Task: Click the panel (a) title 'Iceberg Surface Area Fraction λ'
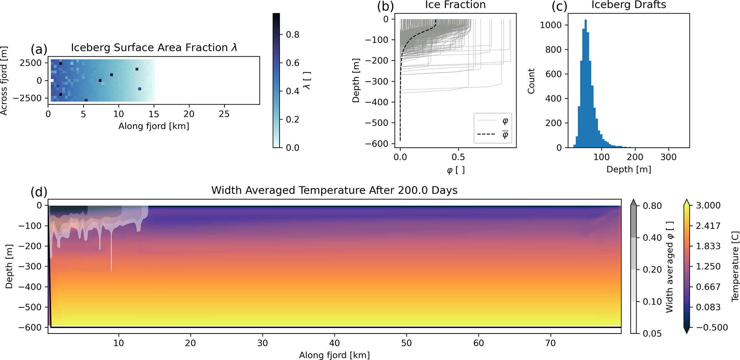154,48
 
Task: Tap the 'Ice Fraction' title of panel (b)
455,5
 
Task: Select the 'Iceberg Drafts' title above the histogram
629,5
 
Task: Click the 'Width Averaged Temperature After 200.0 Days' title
334,190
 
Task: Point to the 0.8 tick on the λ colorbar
292,35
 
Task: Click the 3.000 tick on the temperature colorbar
708,206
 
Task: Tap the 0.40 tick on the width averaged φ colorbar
652,238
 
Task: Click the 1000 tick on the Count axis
551,25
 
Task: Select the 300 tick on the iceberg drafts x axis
668,157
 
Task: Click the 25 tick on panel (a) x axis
224,114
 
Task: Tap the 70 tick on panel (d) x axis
551,343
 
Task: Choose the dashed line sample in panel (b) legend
486,135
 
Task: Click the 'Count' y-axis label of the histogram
531,81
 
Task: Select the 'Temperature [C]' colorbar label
735,266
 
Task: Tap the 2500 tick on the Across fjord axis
31,63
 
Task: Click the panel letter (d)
39,192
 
